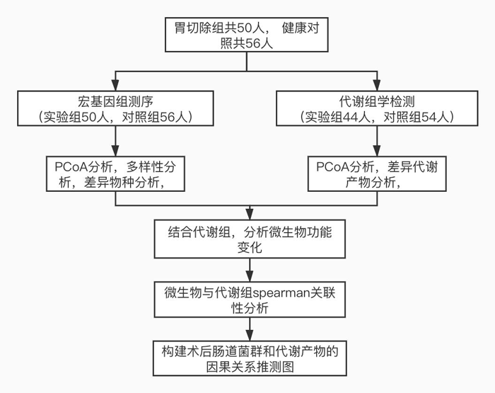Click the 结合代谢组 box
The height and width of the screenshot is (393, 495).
click(248, 239)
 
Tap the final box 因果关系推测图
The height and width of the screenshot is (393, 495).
click(248, 358)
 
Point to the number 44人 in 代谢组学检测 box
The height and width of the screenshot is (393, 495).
click(351, 116)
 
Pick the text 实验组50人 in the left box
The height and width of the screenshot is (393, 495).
click(77, 116)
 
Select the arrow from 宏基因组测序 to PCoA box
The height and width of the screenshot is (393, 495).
click(115, 142)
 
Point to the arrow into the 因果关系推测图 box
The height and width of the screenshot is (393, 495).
click(248, 331)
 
